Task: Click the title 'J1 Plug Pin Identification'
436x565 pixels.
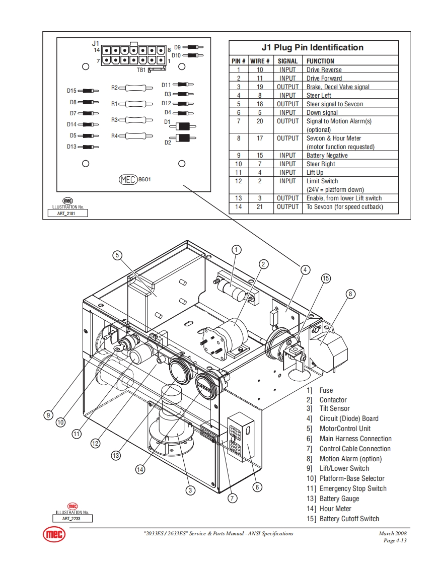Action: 312,48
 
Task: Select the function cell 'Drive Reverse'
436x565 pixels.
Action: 324,70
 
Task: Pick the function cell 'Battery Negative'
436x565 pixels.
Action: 327,156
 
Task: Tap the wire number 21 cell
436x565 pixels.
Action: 260,207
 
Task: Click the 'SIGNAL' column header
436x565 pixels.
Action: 287,61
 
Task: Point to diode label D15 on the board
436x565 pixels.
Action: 71,91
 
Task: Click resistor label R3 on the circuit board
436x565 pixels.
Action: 114,120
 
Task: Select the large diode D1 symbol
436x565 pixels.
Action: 184,126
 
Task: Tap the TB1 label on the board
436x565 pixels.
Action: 141,70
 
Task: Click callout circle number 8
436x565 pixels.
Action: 351,294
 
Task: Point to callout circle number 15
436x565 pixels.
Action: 326,278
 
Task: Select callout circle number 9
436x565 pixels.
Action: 48,415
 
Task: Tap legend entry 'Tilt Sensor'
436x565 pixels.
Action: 334,408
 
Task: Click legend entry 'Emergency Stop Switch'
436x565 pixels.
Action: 353,488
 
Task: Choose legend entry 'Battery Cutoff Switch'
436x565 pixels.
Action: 349,519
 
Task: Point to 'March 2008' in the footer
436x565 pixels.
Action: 393,534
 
